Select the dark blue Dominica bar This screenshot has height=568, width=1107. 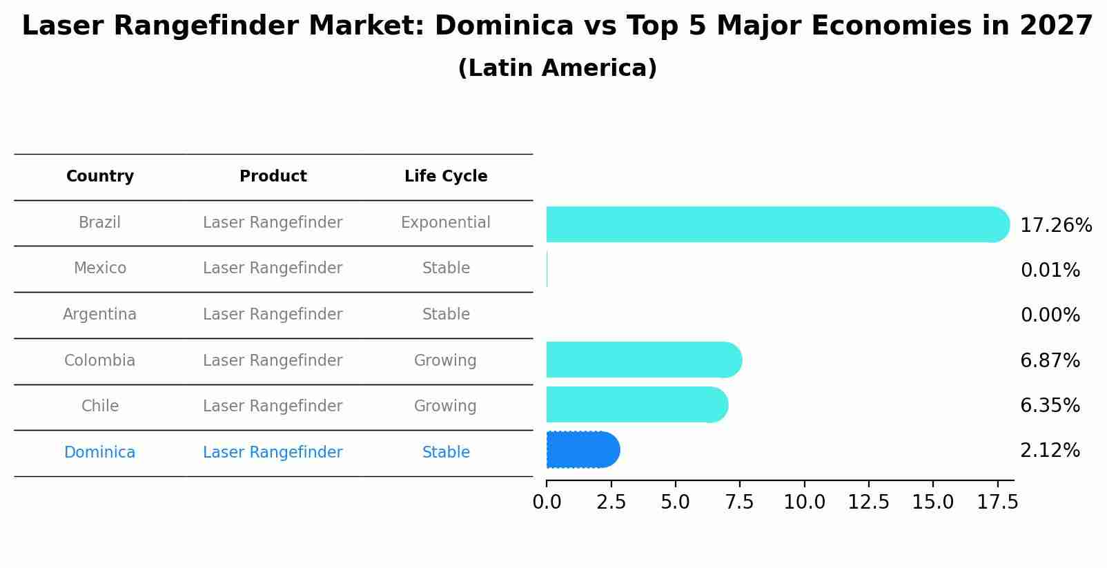pyautogui.click(x=582, y=450)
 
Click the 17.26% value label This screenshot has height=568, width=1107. pyautogui.click(x=1055, y=226)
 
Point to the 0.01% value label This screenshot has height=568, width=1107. pyautogui.click(x=1050, y=271)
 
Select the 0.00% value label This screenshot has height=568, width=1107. pyautogui.click(x=1050, y=315)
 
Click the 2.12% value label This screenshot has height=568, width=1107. pyautogui.click(x=1050, y=451)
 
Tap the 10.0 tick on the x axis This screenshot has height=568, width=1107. pyautogui.click(x=804, y=502)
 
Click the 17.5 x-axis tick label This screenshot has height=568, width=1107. pyautogui.click(x=997, y=502)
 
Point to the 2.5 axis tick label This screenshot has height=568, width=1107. pyautogui.click(x=611, y=502)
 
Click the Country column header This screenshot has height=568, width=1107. pyautogui.click(x=100, y=177)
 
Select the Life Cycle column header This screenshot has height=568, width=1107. pyautogui.click(x=446, y=177)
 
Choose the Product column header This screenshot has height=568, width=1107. pyautogui.click(x=273, y=177)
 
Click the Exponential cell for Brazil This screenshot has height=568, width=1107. pyautogui.click(x=446, y=223)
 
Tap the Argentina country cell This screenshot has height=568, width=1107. pyautogui.click(x=100, y=315)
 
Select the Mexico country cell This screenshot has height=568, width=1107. pyautogui.click(x=100, y=268)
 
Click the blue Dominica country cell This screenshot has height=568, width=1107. pyautogui.click(x=100, y=453)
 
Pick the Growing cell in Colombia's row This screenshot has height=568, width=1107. pyautogui.click(x=446, y=361)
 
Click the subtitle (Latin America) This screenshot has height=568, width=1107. pyautogui.click(x=557, y=68)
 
